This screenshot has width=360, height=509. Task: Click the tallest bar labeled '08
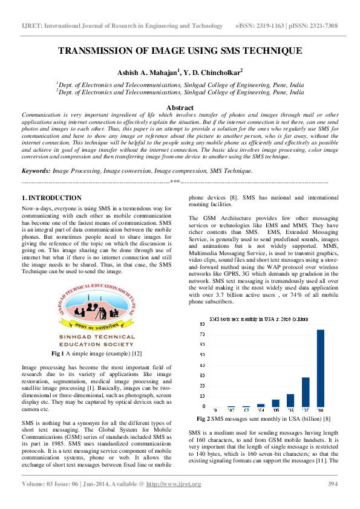tap(321, 368)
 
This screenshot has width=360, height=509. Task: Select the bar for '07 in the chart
tap(306, 392)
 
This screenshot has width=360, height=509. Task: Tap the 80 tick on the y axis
tap(203, 324)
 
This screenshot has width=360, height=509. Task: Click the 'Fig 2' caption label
tap(204, 418)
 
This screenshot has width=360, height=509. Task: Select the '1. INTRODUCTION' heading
tap(51, 198)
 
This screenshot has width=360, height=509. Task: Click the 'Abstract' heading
tap(180, 108)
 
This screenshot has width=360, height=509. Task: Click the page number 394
tap(332, 484)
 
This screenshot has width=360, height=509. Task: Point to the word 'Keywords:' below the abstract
tap(36, 172)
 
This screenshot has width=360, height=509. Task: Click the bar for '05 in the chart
tap(275, 403)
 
